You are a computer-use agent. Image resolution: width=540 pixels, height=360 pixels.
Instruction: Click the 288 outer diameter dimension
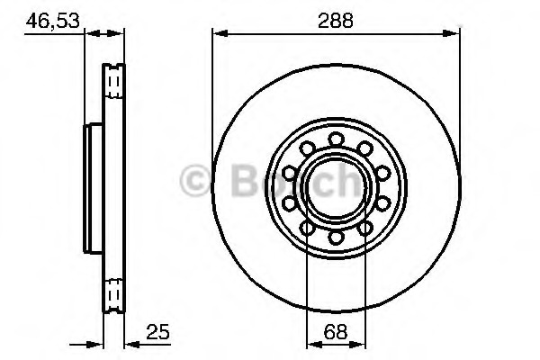[x=336, y=17]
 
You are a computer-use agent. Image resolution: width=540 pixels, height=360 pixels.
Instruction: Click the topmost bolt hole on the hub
[x=336, y=138]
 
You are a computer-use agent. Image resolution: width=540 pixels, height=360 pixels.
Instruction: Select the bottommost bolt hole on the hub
[x=336, y=238]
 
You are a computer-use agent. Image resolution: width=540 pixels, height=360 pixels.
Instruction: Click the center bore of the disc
[x=336, y=187]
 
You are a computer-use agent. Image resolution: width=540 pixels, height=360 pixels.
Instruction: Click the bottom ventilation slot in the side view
[x=113, y=293]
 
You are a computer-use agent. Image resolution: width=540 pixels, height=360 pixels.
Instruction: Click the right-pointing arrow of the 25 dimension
[x=94, y=342]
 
